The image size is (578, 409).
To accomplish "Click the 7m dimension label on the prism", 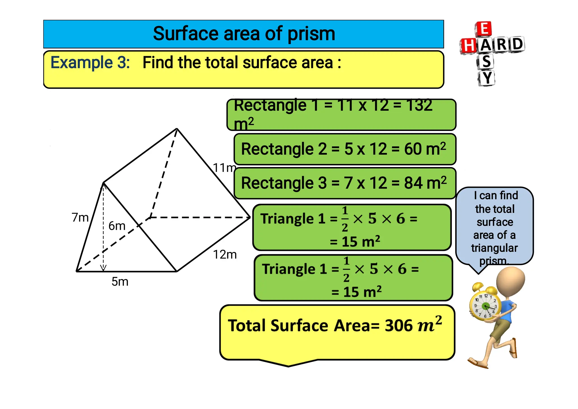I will click(80, 218).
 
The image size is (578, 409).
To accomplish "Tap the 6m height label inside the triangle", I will click(117, 226).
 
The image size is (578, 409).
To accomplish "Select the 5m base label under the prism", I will click(120, 281).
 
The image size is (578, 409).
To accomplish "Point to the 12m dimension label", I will click(225, 255).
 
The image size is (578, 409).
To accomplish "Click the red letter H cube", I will click(469, 46).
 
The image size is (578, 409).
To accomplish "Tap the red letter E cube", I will click(484, 29).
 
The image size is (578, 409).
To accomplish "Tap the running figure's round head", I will click(510, 282).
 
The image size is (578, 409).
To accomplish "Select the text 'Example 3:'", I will click(90, 62).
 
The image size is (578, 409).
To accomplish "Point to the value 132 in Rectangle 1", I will click(419, 105).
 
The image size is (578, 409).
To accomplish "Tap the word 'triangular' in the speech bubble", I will click(494, 248).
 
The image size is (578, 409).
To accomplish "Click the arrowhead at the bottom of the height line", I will click(104, 268).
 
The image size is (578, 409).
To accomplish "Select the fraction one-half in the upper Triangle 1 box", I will click(345, 219).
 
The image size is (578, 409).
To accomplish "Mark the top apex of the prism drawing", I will click(177, 129).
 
